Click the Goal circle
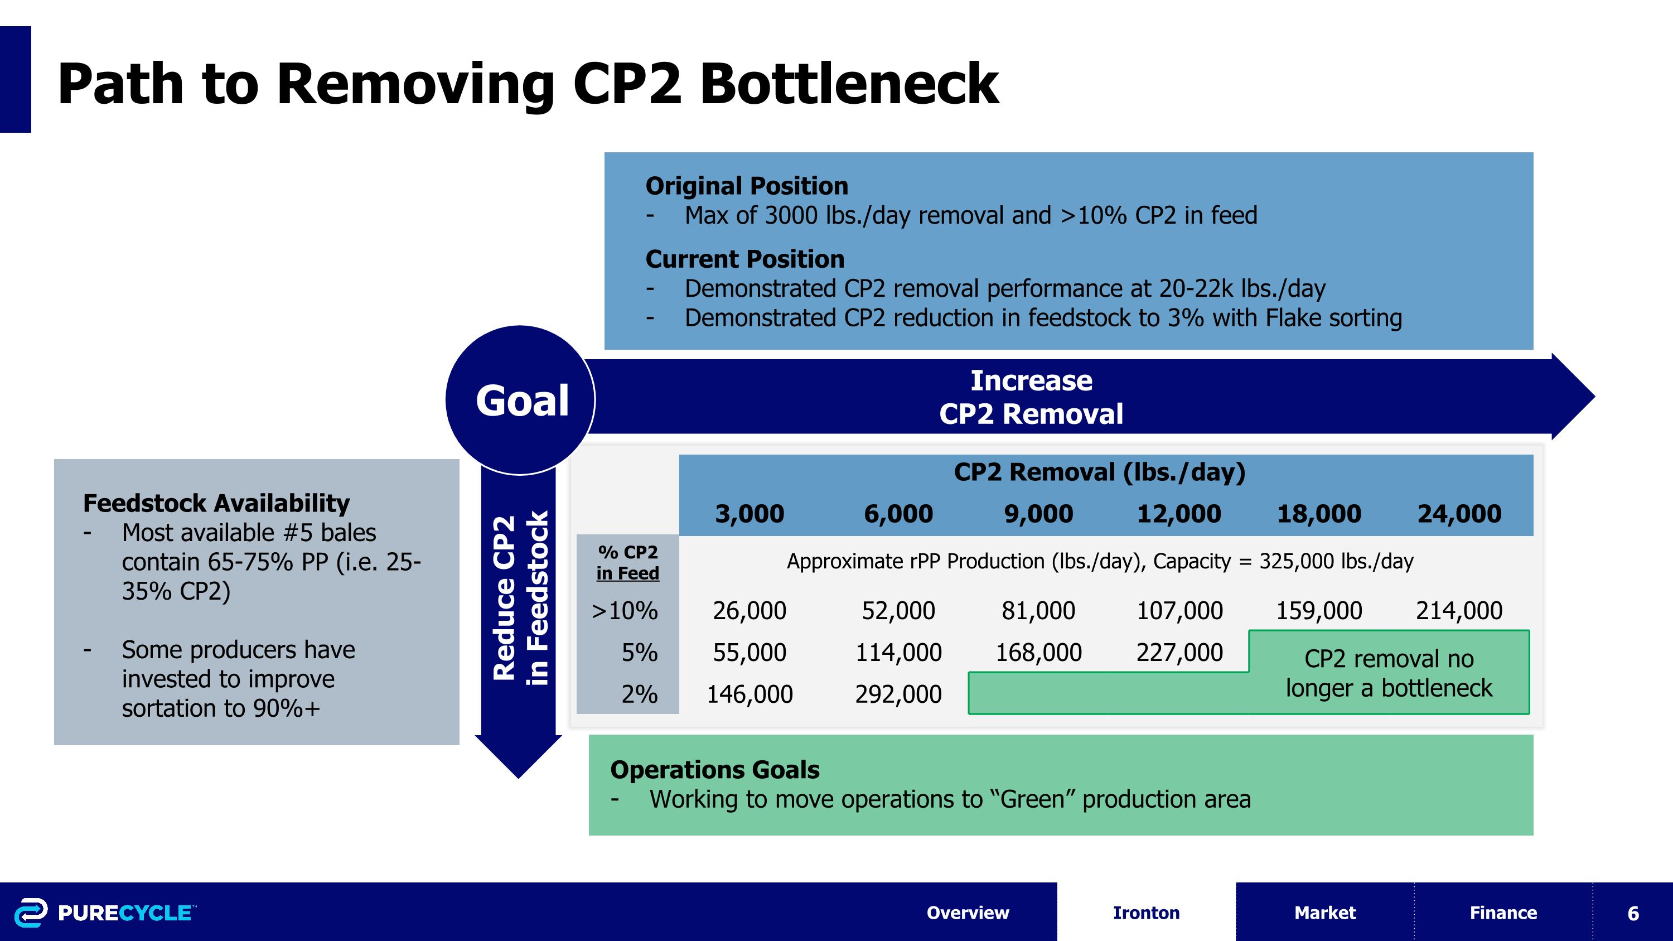(x=521, y=400)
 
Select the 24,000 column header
(x=1459, y=514)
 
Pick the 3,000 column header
(x=750, y=514)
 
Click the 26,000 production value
(x=750, y=610)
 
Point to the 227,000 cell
(x=1179, y=652)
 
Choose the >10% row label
(x=624, y=610)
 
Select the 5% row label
(x=639, y=652)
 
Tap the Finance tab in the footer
(x=1503, y=913)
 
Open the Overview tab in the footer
(x=968, y=913)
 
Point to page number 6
(x=1633, y=913)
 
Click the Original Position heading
(x=747, y=186)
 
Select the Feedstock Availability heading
(x=216, y=503)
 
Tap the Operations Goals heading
(x=714, y=770)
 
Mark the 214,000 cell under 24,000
(x=1459, y=610)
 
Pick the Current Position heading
(x=745, y=259)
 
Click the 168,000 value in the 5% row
(x=1038, y=652)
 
